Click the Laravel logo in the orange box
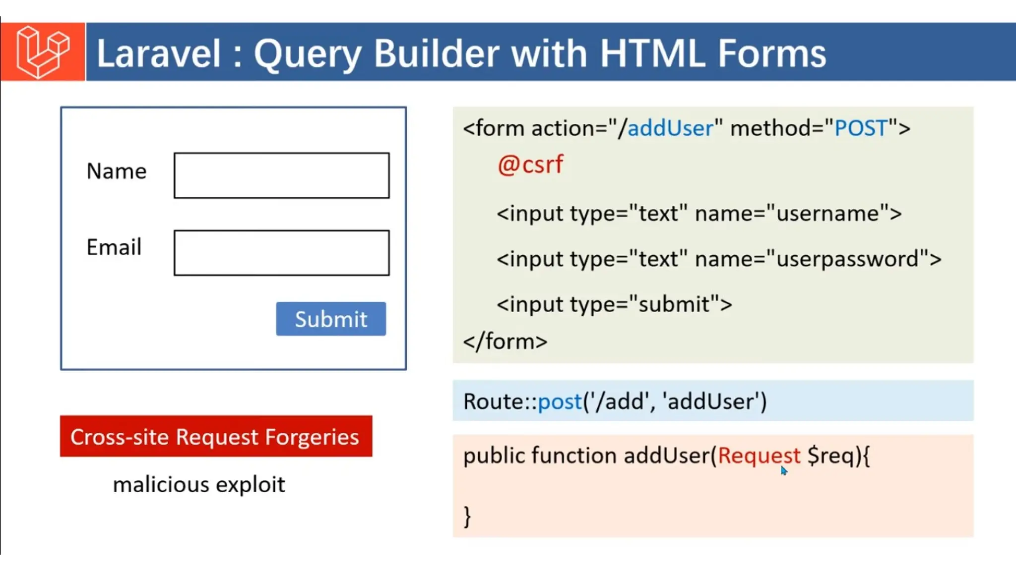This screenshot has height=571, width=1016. tap(43, 52)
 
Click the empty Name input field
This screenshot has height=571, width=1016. tap(281, 175)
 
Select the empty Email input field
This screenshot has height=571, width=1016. tap(281, 253)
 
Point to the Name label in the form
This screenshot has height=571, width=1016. tap(117, 171)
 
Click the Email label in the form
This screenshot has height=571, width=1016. tap(114, 247)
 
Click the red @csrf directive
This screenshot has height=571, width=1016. tap(530, 165)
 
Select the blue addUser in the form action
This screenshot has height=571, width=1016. tap(670, 128)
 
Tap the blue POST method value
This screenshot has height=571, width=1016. tap(861, 128)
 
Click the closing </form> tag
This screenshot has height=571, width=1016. tap(505, 342)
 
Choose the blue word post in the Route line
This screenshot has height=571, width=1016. tap(560, 401)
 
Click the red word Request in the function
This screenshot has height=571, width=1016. tap(759, 456)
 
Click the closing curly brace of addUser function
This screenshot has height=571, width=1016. tap(467, 516)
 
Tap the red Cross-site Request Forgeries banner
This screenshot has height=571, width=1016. tap(216, 437)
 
